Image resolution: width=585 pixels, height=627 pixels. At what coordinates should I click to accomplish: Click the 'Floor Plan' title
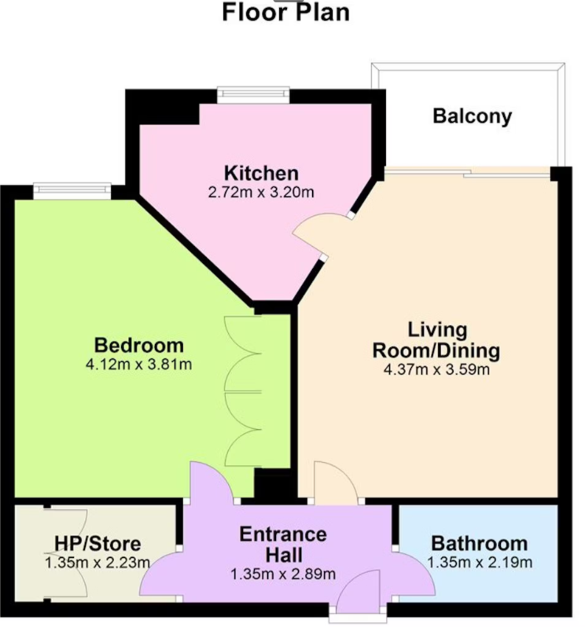285,13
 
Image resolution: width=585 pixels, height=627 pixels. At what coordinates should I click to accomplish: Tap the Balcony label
472,116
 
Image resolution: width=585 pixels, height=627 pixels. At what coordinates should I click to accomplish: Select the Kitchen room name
261,173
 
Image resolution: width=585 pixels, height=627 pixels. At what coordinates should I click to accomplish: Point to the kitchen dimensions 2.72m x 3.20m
261,192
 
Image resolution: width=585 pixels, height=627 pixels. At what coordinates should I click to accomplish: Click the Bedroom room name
139,346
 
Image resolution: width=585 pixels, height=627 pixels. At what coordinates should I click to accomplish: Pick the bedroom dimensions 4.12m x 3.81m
139,365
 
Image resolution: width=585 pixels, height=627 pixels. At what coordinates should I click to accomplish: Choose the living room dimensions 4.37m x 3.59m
436,369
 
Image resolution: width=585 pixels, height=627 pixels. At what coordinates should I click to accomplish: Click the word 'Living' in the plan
437,330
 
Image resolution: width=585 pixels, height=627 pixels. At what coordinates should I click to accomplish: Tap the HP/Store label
97,544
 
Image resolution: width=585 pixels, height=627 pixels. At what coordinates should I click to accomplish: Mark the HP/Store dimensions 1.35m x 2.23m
97,563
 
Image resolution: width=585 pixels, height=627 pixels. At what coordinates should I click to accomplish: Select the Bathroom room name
480,544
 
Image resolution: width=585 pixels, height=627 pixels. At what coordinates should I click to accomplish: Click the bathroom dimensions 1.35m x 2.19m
480,563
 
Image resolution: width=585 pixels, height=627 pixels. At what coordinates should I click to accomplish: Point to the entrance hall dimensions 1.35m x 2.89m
283,574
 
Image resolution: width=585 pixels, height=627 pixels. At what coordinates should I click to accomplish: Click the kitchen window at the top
253,95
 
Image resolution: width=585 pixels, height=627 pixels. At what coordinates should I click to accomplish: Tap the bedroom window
72,191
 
